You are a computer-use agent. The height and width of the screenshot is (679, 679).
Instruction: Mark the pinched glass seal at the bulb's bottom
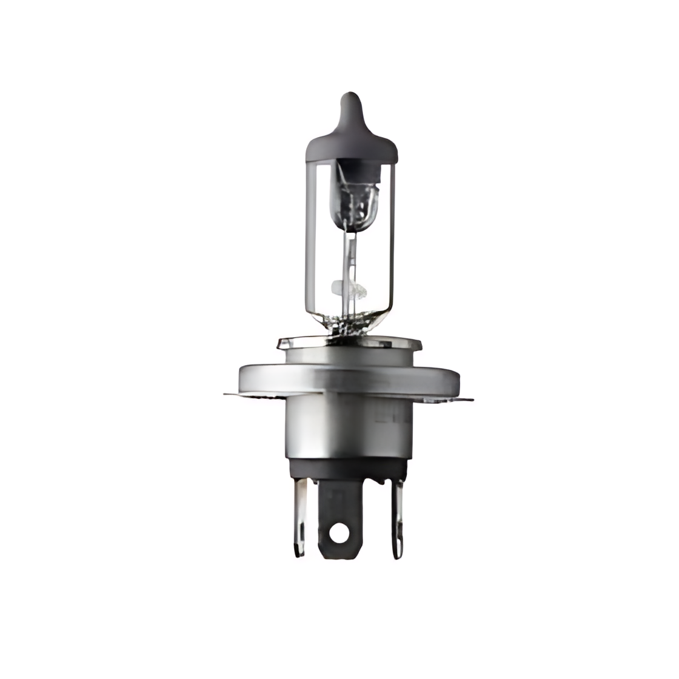tap(349, 328)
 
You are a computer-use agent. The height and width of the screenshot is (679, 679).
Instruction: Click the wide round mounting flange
tap(348, 377)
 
